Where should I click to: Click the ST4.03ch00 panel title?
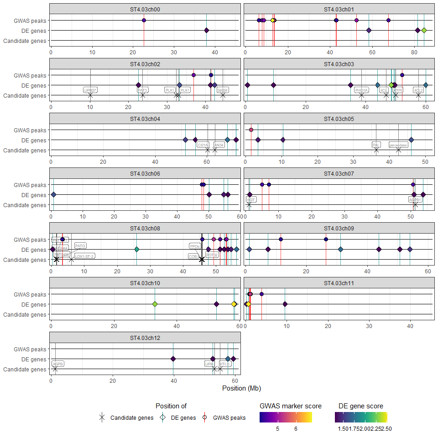pyautogui.click(x=145, y=9)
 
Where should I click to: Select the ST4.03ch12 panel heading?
pyautogui.click(x=145, y=338)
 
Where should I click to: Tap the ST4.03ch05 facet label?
pyautogui.click(x=339, y=119)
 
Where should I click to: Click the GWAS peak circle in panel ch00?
pyautogui.click(x=144, y=21)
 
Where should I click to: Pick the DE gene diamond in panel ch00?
pyautogui.click(x=206, y=31)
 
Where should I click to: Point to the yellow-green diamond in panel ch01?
pyautogui.click(x=424, y=31)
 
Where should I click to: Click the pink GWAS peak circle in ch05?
pyautogui.click(x=251, y=130)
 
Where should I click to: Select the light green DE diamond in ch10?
pyautogui.click(x=155, y=304)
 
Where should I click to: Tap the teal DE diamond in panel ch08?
pyautogui.click(x=137, y=250)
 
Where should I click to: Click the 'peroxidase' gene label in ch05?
pyautogui.click(x=398, y=145)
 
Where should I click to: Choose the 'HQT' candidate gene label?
pyautogui.click(x=251, y=199)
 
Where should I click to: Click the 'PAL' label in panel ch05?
pyautogui.click(x=376, y=145)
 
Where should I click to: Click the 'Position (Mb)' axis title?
pyautogui.click(x=241, y=388)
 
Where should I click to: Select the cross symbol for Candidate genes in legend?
pyautogui.click(x=102, y=417)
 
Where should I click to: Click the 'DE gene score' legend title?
pyautogui.click(x=360, y=406)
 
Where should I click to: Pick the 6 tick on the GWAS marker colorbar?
pyautogui.click(x=296, y=429)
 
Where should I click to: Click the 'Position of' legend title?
pyautogui.click(x=171, y=406)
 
